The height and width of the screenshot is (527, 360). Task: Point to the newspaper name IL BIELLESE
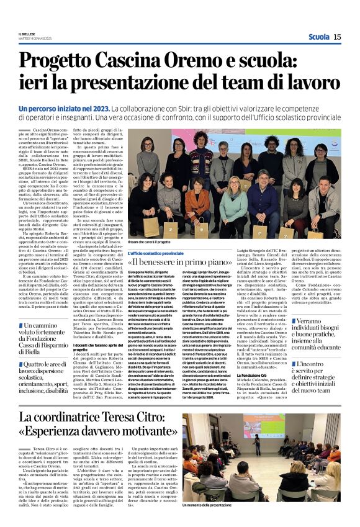(27, 34)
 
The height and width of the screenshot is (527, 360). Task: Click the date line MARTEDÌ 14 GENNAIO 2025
(35, 38)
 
